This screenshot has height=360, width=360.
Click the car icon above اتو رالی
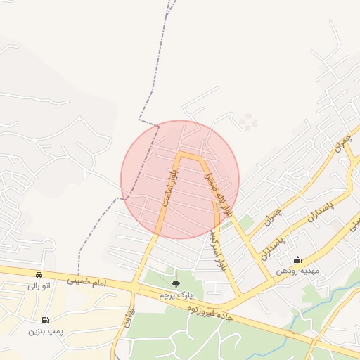pyautogui.click(x=39, y=274)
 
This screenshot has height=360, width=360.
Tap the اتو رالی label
pyautogui.click(x=39, y=286)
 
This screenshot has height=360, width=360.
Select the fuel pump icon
pyautogui.click(x=46, y=319)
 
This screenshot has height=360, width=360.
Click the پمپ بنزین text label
pyautogui.click(x=44, y=330)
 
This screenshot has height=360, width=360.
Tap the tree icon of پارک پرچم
pyautogui.click(x=176, y=283)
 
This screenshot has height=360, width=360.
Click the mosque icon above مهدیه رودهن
pyautogui.click(x=297, y=259)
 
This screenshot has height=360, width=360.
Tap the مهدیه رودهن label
pyautogui.click(x=297, y=271)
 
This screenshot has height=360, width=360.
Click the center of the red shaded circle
pyautogui.click(x=180, y=179)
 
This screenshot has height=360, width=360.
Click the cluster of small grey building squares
pyautogui.click(x=247, y=122)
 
